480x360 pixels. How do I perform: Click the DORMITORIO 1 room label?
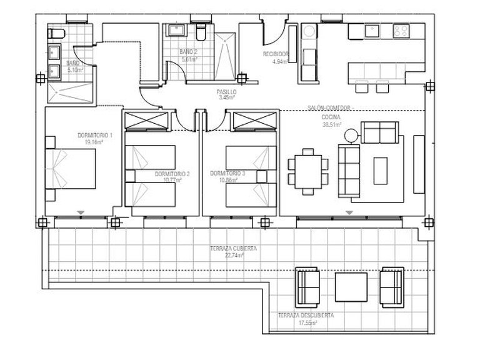coord(94,136)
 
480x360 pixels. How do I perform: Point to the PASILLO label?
coord(226,91)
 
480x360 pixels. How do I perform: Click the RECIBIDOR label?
coord(275,55)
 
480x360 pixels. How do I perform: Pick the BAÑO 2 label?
coord(188,52)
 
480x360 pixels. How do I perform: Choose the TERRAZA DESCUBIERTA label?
coord(306,316)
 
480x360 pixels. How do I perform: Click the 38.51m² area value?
coord(331,124)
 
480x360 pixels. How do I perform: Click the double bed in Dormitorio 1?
coord(72,169)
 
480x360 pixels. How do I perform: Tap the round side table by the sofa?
coord(351,133)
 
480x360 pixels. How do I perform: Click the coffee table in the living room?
coord(380,170)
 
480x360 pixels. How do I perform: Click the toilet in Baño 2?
coord(201,32)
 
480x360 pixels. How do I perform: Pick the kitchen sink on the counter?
coord(373,29)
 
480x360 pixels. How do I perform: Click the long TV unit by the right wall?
coord(417,164)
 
